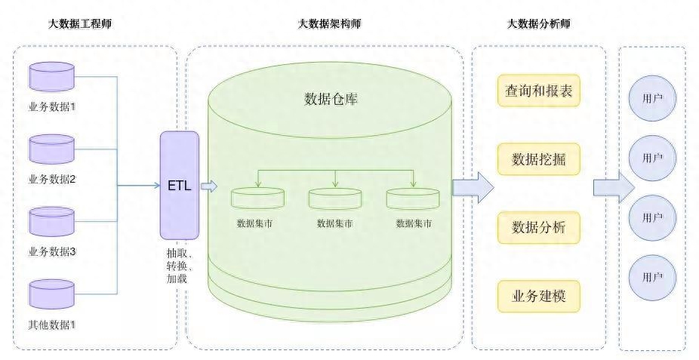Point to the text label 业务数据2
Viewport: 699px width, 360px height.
click(52, 180)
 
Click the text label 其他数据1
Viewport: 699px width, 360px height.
click(52, 325)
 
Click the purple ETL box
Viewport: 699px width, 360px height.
click(180, 185)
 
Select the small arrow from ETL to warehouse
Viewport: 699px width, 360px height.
click(209, 186)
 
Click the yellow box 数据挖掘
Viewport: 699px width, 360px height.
click(538, 159)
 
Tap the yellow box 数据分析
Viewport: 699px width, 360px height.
click(538, 227)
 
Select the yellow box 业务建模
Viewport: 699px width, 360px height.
click(538, 295)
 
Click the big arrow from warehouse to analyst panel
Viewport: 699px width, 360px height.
click(473, 186)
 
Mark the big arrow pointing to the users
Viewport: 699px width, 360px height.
click(613, 186)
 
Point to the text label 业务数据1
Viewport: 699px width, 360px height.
click(52, 106)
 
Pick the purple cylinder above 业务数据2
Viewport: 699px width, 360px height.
click(52, 149)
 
